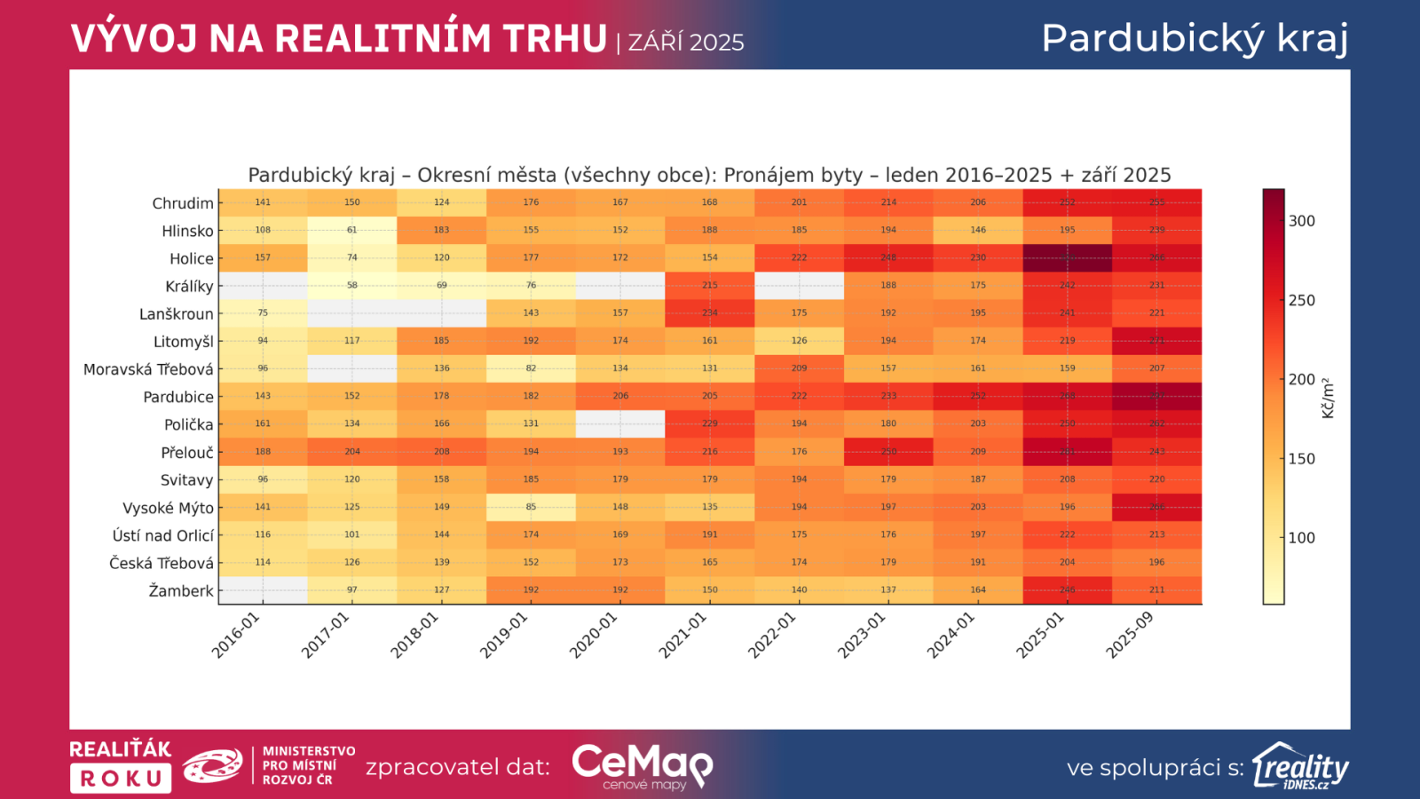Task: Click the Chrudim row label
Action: click(183, 203)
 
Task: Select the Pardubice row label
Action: click(178, 397)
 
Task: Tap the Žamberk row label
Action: click(181, 590)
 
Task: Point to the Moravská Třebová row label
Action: click(148, 369)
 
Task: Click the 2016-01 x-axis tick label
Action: click(236, 636)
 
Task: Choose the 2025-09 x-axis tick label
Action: click(1130, 636)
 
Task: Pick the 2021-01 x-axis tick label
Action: click(682, 636)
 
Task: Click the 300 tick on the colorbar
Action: click(1302, 221)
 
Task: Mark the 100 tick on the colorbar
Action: click(1302, 538)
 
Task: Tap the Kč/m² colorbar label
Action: click(1329, 398)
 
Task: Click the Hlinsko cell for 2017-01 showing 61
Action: click(352, 230)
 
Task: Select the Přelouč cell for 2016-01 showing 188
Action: click(263, 452)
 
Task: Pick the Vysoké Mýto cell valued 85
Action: click(531, 507)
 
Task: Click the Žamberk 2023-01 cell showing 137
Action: click(888, 589)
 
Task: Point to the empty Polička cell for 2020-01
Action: click(620, 423)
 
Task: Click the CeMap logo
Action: click(642, 766)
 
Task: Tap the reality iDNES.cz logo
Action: click(1300, 766)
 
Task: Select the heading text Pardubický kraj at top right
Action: click(1195, 39)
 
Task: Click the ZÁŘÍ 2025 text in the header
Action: click(686, 43)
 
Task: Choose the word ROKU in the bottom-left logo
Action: click(121, 779)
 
